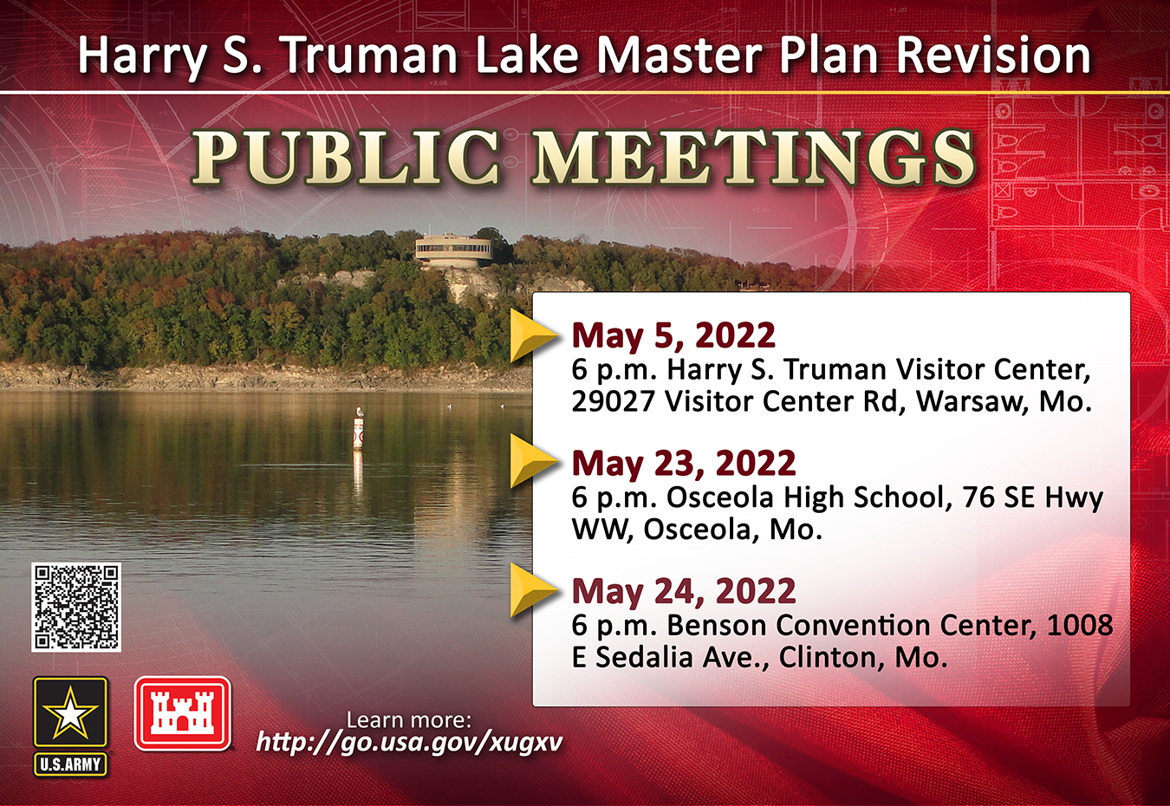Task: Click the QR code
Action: click(x=76, y=607)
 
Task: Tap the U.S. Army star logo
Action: click(x=70, y=726)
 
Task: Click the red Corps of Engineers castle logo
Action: click(x=183, y=713)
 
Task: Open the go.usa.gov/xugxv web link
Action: click(x=409, y=742)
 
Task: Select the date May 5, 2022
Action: click(x=673, y=335)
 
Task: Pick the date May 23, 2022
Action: click(x=684, y=464)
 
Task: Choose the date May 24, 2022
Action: click(x=684, y=591)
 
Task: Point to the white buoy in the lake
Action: click(x=358, y=429)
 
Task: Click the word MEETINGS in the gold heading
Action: click(x=752, y=157)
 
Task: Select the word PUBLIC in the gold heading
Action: click(x=345, y=157)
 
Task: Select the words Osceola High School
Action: click(x=805, y=497)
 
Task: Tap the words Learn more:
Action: click(x=409, y=720)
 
